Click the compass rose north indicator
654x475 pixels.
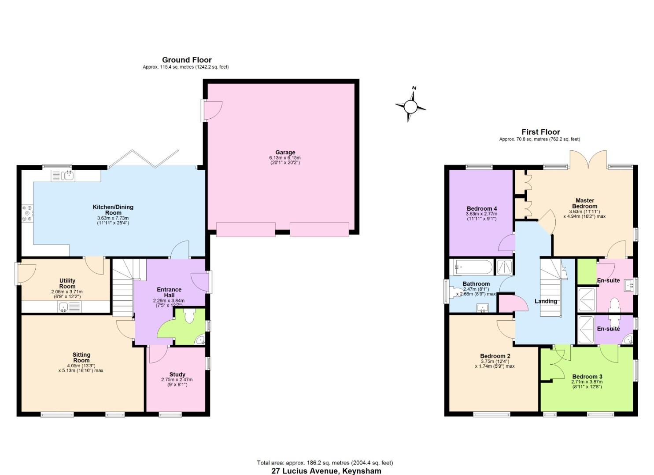click(414, 88)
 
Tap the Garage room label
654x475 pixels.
click(285, 153)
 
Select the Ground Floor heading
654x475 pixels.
click(187, 60)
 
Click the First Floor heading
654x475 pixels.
click(540, 132)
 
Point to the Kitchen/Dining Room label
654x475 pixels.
click(113, 210)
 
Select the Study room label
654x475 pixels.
click(177, 374)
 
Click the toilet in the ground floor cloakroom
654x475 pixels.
click(189, 316)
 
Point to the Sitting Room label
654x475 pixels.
click(81, 357)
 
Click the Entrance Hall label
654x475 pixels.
click(169, 292)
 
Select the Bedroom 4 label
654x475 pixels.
click(482, 208)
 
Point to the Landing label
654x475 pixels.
click(546, 301)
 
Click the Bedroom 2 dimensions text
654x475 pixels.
click(495, 363)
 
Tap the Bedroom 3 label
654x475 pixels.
click(587, 376)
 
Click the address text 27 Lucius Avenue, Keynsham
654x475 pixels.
click(326, 471)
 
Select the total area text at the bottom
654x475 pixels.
click(325, 463)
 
